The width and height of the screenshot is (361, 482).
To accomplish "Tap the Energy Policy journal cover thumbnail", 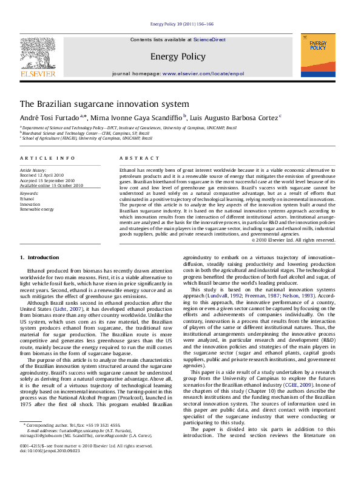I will [317, 55].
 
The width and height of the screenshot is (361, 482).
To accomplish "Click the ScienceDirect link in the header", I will [209, 39].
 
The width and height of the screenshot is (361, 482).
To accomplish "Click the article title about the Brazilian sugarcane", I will [104, 104].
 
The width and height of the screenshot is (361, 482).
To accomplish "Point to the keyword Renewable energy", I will [38, 208].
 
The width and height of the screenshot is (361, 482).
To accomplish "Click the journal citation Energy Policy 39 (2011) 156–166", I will [181, 24].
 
